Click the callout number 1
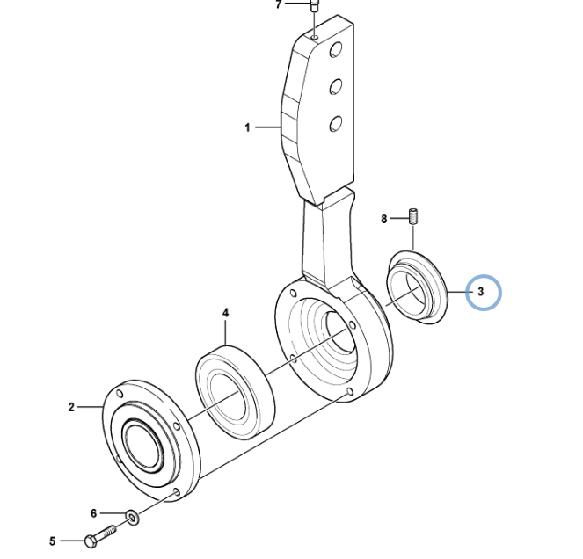[x=247, y=127]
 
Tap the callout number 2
[x=71, y=407]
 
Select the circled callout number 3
[x=480, y=292]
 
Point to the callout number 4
[x=225, y=313]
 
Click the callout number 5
[x=53, y=541]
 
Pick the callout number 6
[x=94, y=513]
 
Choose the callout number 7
[x=279, y=4]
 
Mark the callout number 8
[x=384, y=219]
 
